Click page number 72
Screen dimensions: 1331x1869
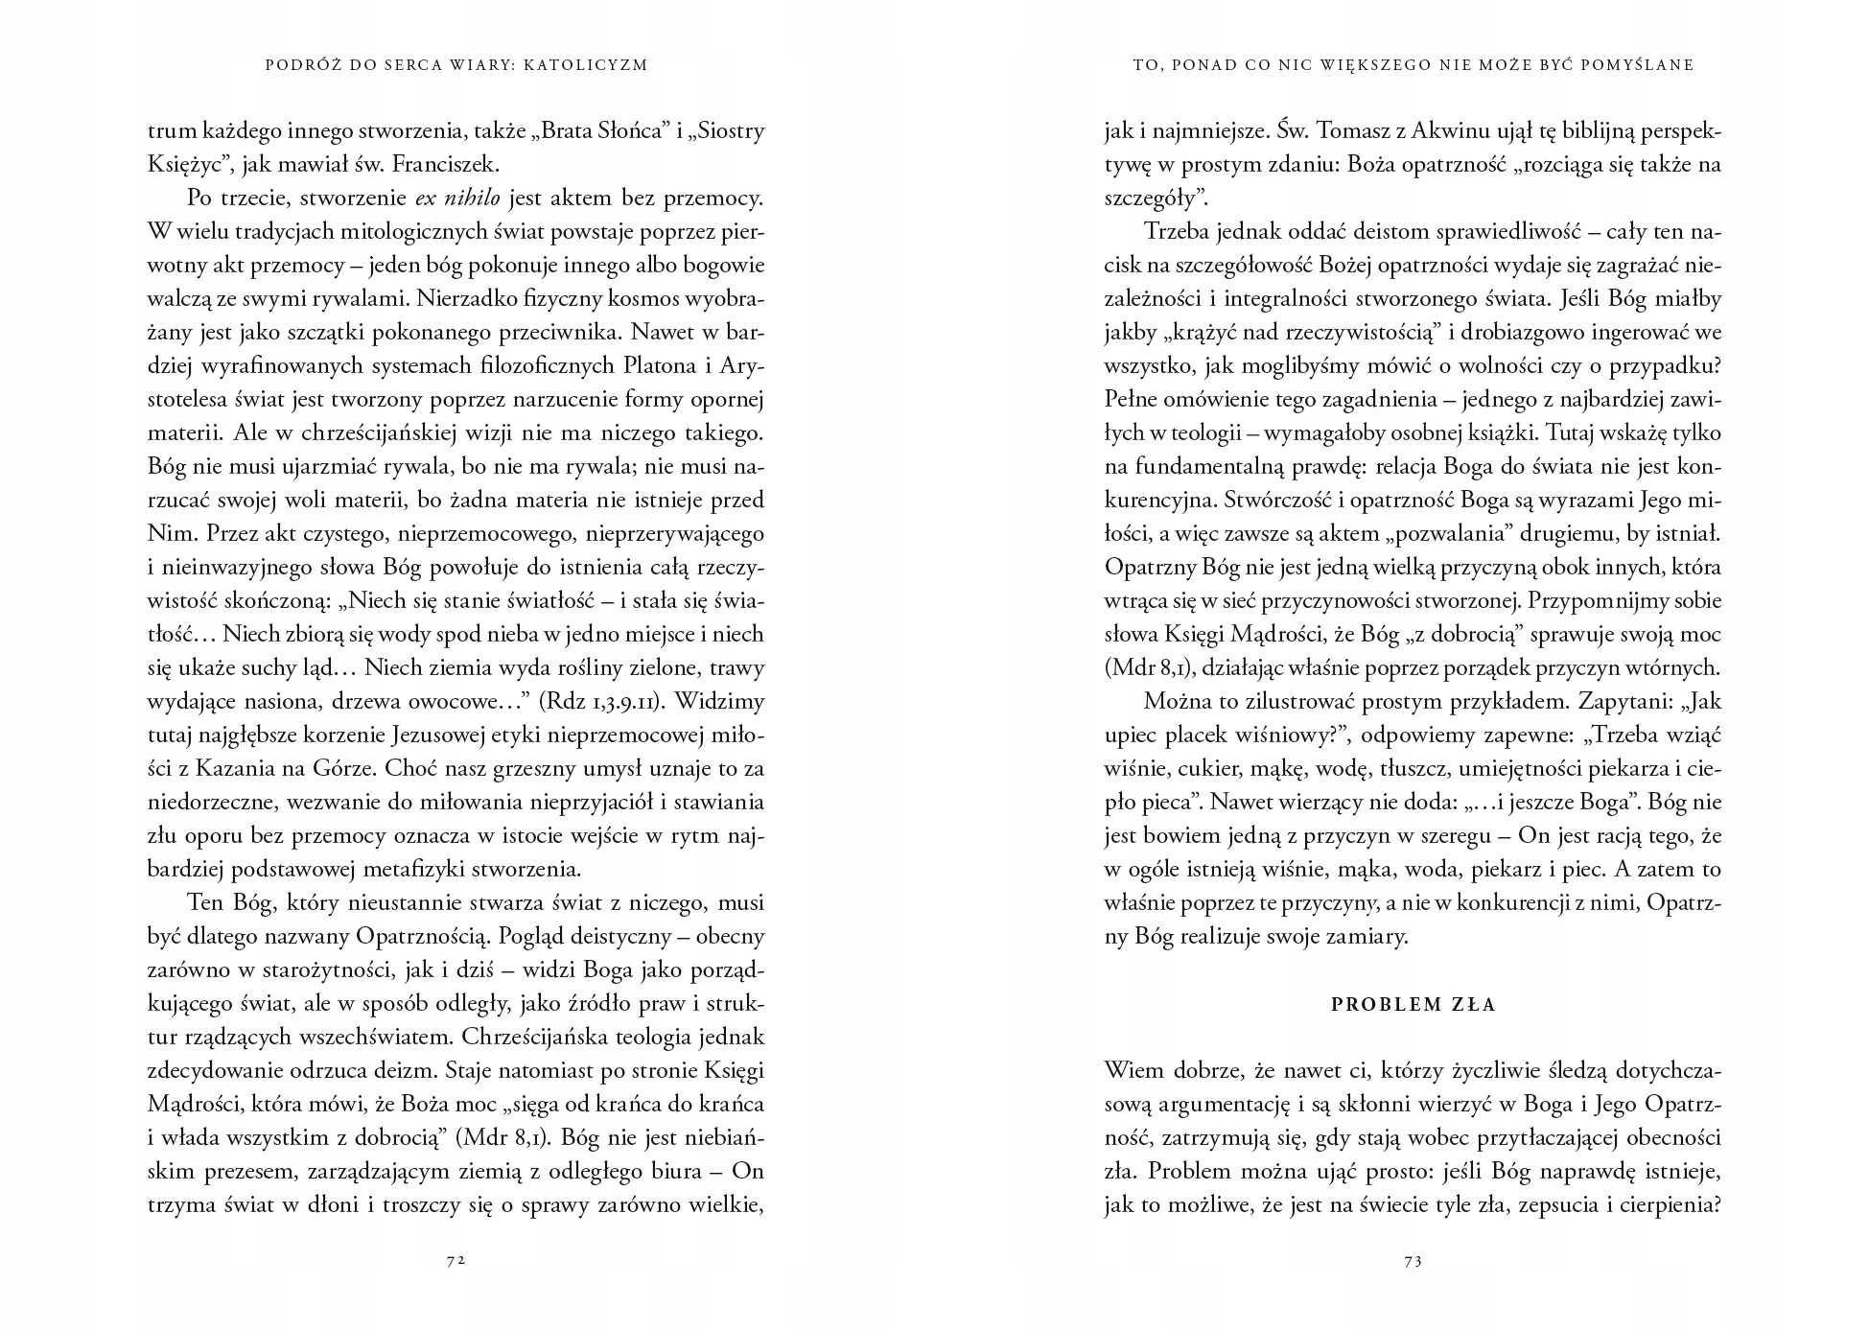[456, 1262]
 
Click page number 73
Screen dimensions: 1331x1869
[1413, 1262]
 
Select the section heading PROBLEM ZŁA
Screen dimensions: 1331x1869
[1413, 1006]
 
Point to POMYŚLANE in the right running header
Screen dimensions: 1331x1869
[1641, 65]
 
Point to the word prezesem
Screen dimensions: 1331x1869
[238, 1172]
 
